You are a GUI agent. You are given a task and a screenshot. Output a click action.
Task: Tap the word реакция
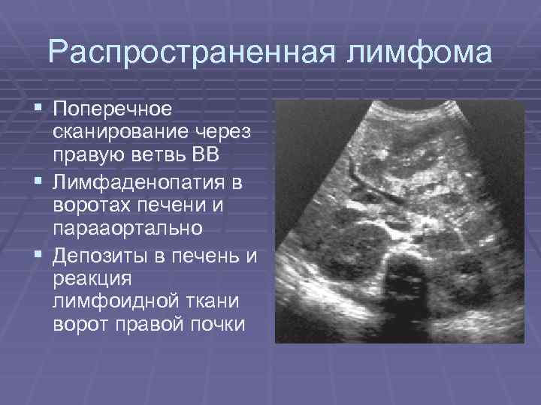point(88,279)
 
